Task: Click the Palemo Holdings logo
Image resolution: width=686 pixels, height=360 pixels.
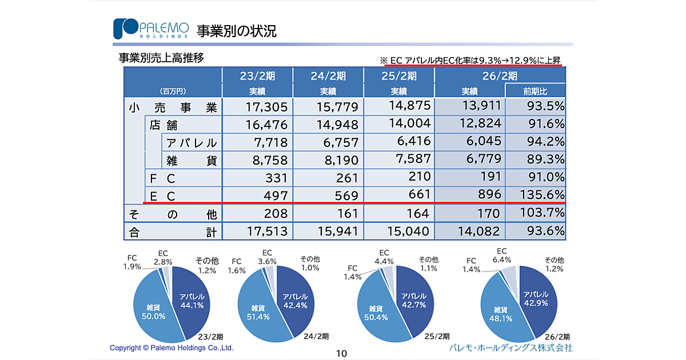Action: coord(150,29)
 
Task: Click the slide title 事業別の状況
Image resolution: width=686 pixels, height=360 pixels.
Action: coord(237,31)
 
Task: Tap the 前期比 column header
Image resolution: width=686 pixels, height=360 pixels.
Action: coord(535,91)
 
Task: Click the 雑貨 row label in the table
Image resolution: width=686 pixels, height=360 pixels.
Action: coord(192,161)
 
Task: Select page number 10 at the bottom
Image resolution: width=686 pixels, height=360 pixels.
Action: coord(341,353)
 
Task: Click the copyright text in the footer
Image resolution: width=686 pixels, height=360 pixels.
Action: coord(171,347)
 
